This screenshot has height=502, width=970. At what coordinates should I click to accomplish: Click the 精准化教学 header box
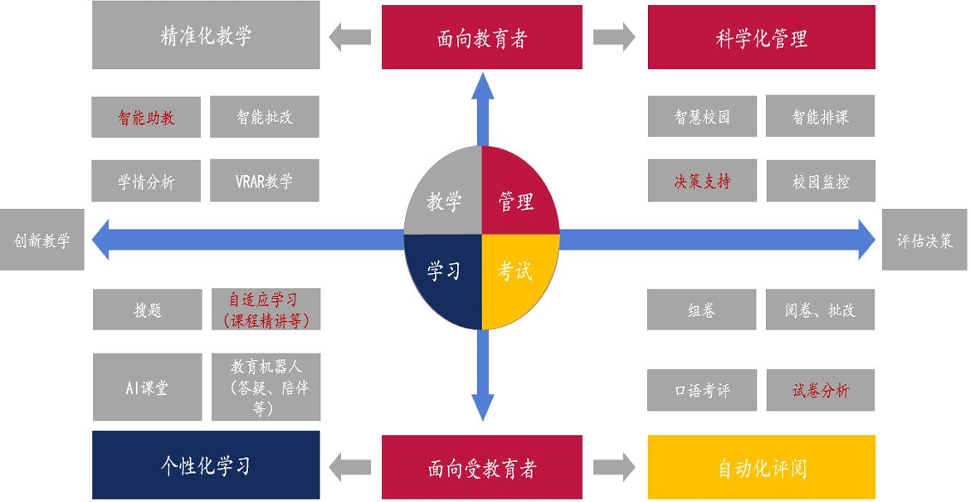pyautogui.click(x=205, y=36)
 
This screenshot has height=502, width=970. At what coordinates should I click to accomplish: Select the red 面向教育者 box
pyautogui.click(x=481, y=38)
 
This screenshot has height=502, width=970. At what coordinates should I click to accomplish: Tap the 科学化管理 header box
pyautogui.click(x=761, y=38)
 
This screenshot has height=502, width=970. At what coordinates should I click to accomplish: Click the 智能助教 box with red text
pyautogui.click(x=146, y=117)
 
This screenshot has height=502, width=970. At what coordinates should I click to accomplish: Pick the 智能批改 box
pyautogui.click(x=265, y=117)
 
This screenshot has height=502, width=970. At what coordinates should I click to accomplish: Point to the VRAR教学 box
pyautogui.click(x=265, y=181)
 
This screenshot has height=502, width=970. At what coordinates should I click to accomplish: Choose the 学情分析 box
pyautogui.click(x=146, y=182)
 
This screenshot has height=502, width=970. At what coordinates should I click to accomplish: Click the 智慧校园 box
pyautogui.click(x=702, y=117)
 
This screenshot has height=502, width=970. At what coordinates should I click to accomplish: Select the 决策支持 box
pyautogui.click(x=702, y=182)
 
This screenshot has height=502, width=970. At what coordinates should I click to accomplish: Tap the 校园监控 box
pyautogui.click(x=820, y=182)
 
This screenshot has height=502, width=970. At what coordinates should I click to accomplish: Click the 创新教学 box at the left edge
pyautogui.click(x=41, y=240)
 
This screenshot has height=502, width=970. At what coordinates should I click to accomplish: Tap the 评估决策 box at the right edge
pyautogui.click(x=925, y=240)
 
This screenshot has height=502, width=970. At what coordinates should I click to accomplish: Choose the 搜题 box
pyautogui.click(x=147, y=309)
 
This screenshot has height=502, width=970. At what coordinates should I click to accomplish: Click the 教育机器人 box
pyautogui.click(x=265, y=387)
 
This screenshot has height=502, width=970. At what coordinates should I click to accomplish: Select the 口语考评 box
pyautogui.click(x=702, y=391)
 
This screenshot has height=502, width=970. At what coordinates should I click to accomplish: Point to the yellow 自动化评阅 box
pyautogui.click(x=761, y=467)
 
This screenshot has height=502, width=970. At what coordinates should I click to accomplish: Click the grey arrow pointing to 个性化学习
pyautogui.click(x=350, y=468)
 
